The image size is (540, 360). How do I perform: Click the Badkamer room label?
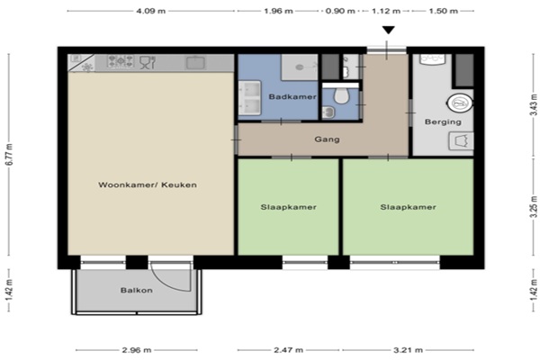[292, 97]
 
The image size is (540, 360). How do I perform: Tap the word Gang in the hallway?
[327, 139]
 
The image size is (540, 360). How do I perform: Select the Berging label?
[443, 121]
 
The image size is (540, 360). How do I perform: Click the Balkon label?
[137, 290]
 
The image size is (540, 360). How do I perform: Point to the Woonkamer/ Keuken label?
[148, 184]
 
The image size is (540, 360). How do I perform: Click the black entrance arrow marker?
[388, 31]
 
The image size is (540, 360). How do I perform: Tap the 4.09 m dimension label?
[151, 11]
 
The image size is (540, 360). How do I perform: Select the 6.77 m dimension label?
[9, 154]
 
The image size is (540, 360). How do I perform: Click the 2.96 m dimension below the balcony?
[137, 350]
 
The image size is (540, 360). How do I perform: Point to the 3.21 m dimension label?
[408, 350]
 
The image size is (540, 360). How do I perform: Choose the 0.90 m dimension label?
[340, 11]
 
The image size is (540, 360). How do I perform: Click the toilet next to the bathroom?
[342, 95]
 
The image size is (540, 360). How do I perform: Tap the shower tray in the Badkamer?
[300, 67]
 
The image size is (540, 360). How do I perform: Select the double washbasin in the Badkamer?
[249, 98]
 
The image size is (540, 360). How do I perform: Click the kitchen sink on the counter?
[195, 63]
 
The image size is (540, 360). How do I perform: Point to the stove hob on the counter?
[121, 62]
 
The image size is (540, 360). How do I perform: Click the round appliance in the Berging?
[459, 103]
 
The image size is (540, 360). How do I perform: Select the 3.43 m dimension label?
[534, 104]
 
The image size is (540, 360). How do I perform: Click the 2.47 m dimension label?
[288, 350]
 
